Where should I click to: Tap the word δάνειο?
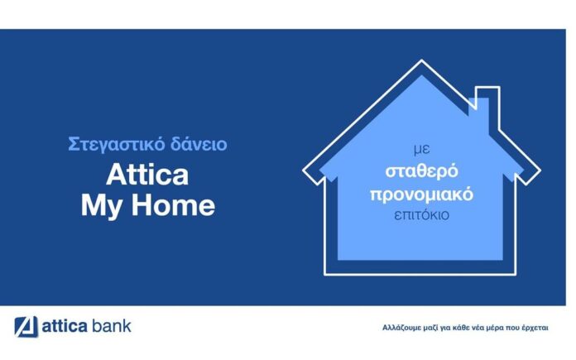(199, 143)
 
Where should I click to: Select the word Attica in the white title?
(147, 175)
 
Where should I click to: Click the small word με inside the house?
(422, 150)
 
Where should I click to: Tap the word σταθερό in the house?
(422, 170)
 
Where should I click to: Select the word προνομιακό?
(421, 194)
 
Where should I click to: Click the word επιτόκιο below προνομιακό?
(421, 215)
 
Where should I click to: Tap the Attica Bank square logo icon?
(26, 326)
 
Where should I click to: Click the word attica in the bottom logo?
(65, 326)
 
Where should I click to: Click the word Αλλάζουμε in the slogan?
(399, 327)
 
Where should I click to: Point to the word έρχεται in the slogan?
(535, 327)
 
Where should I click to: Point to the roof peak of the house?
(421, 60)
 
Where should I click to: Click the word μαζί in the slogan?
(427, 327)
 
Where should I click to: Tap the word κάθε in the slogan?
(462, 327)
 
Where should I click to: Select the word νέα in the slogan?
(479, 328)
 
